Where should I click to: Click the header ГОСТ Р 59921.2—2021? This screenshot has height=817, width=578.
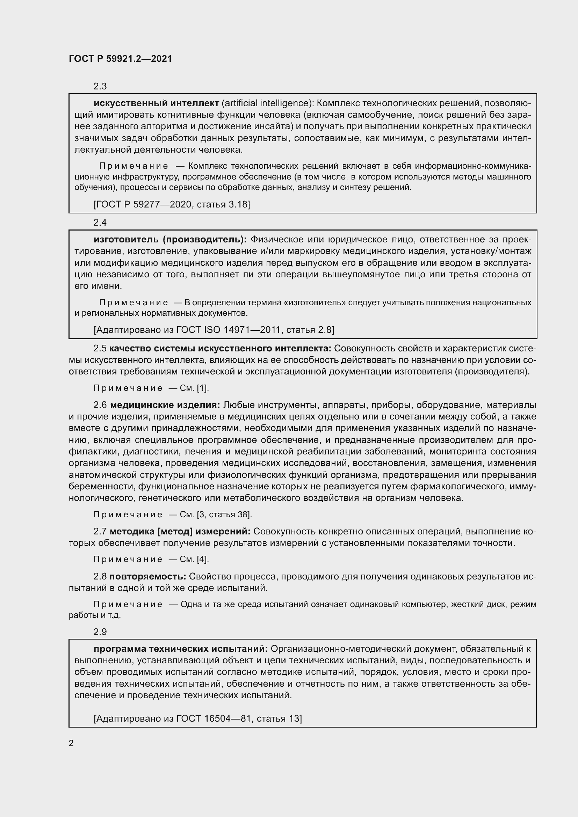120,59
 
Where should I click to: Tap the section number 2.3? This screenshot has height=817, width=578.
100,87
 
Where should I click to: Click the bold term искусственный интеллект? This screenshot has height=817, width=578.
156,103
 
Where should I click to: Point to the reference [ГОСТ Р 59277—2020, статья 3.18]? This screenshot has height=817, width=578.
172,204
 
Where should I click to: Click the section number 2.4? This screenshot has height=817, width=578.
100,223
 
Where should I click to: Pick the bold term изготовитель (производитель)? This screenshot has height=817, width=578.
170,240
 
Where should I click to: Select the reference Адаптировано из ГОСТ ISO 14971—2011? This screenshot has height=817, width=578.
214,330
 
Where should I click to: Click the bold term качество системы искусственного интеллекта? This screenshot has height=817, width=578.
220,348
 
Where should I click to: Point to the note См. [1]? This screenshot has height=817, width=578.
194,388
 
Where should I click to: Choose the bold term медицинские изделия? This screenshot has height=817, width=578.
165,405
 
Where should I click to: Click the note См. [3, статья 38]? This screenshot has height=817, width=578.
216,515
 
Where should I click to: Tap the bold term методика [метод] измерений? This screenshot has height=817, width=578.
180,532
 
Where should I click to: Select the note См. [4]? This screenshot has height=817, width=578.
194,559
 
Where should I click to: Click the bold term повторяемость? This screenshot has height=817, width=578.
148,576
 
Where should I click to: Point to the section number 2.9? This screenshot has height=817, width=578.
100,632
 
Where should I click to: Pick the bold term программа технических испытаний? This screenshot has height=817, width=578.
180,649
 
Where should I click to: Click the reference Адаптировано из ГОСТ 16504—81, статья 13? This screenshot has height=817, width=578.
197,718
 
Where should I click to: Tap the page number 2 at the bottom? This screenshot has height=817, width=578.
71,743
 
